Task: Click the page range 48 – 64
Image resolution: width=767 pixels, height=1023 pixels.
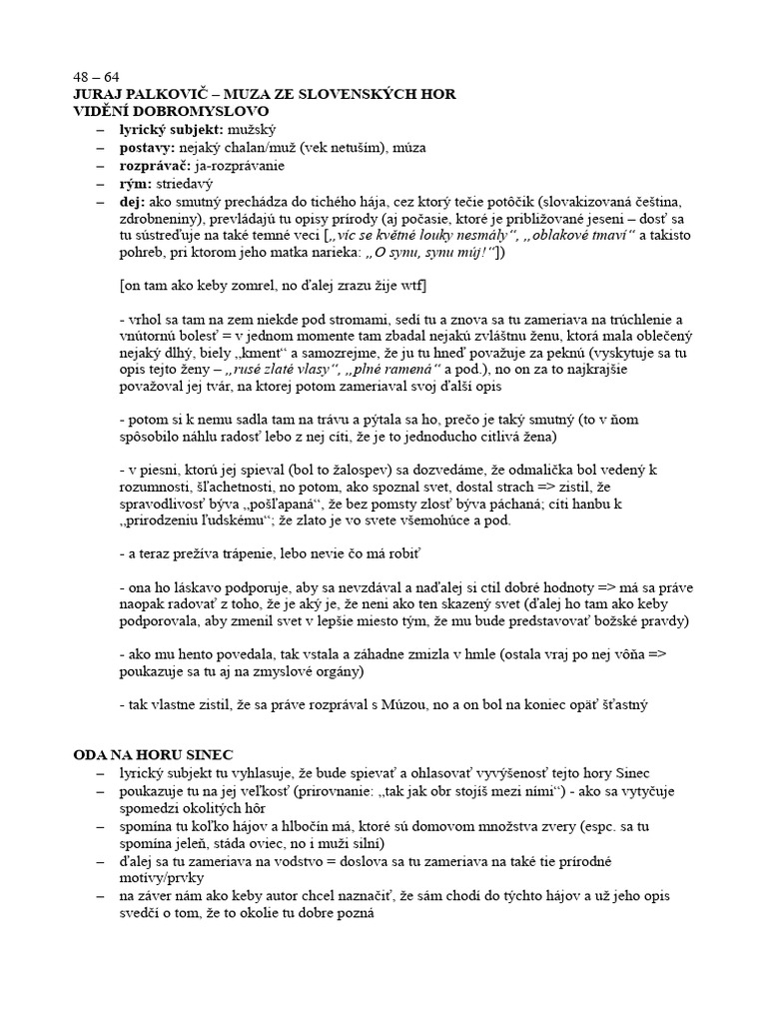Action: click(96, 78)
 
